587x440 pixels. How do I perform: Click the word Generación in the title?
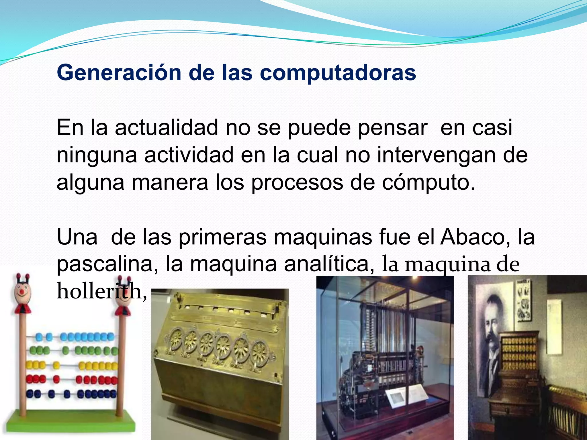click(119, 73)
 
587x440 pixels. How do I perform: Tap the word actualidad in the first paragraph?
click(167, 128)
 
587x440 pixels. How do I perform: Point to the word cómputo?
click(428, 182)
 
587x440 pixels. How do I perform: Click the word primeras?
click(222, 237)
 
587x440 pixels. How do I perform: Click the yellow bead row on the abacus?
click(72, 366)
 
